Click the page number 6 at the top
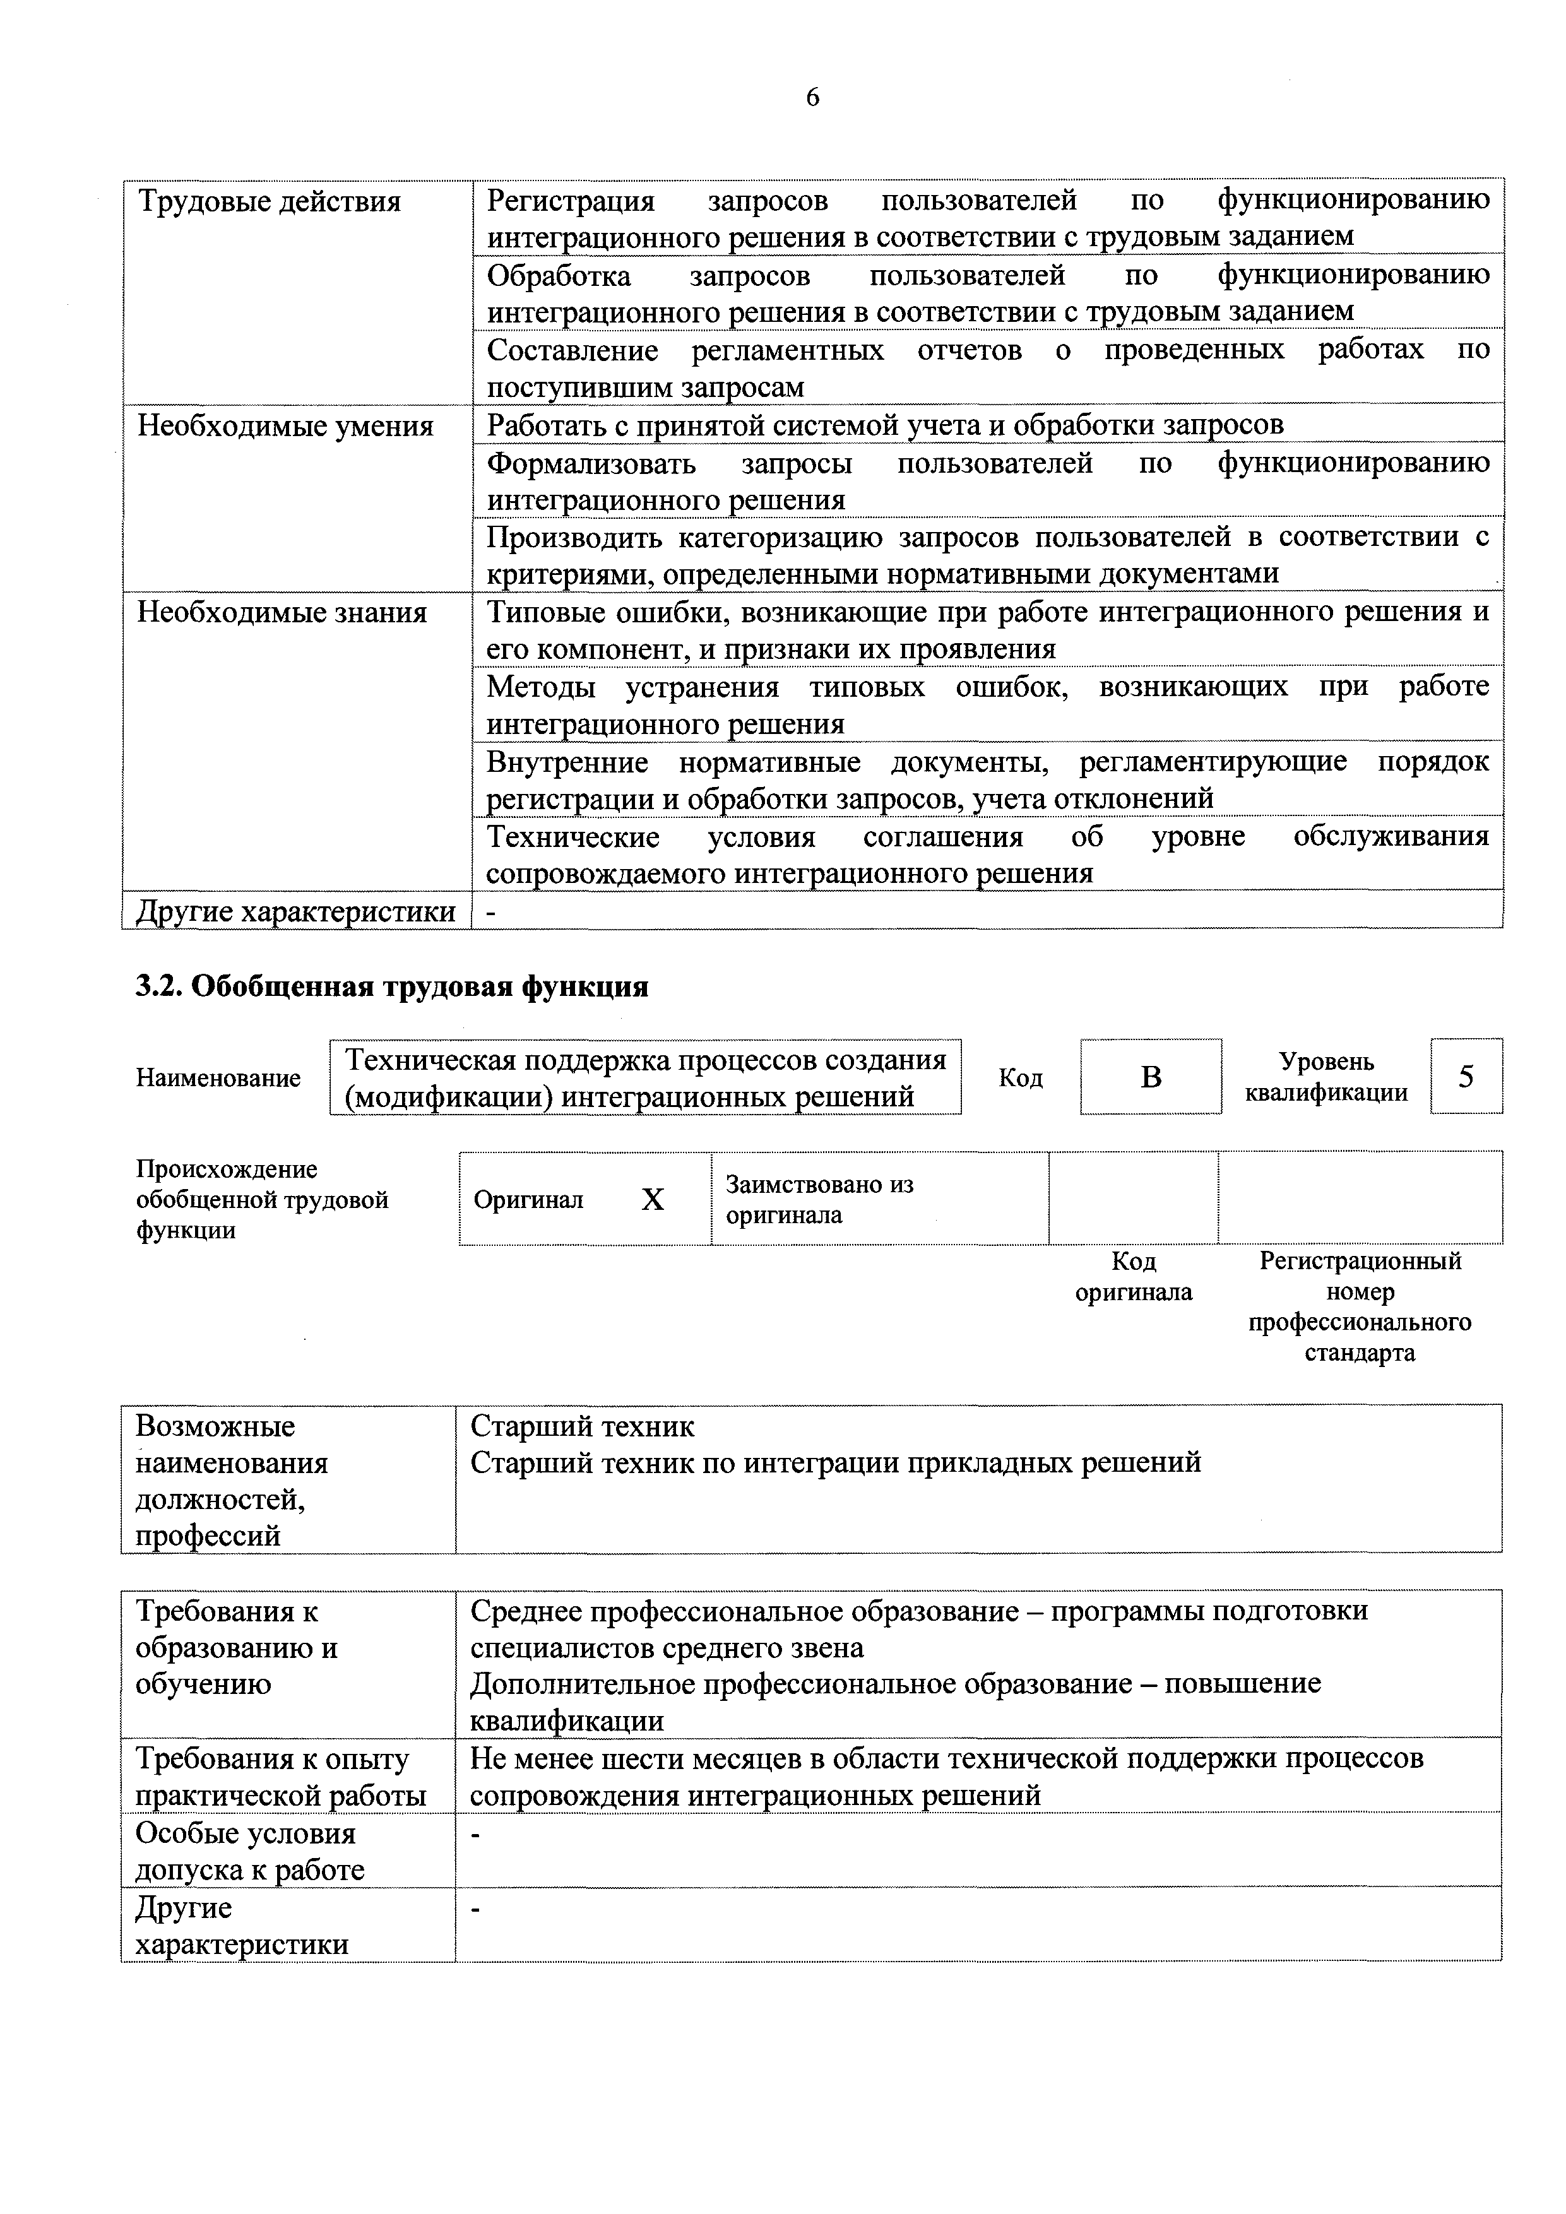tap(812, 97)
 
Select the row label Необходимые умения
tap(285, 425)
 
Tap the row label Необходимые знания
tap(282, 612)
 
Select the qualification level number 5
tap(1466, 1076)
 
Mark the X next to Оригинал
tap(653, 1200)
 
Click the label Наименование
tap(218, 1078)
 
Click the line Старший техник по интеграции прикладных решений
tap(835, 1463)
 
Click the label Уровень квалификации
tap(1326, 1077)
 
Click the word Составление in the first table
tap(572, 350)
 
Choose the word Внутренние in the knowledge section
tap(567, 763)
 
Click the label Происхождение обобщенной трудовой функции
tap(261, 1200)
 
